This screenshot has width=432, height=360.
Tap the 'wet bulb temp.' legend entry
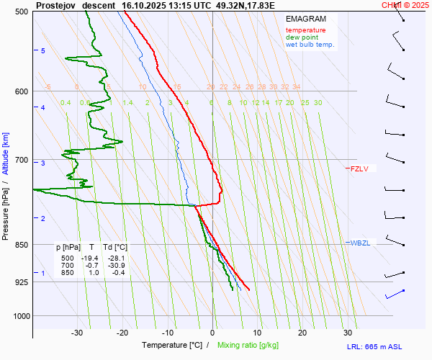pyautogui.click(x=310, y=45)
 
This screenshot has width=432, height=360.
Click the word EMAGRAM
pyautogui.click(x=305, y=19)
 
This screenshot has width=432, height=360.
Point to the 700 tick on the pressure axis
pyautogui.click(x=21, y=160)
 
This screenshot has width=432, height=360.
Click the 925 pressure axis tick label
pyautogui.click(x=21, y=282)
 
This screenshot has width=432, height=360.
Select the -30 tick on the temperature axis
pyautogui.click(x=77, y=333)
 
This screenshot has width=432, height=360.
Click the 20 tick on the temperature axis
pyautogui.click(x=302, y=333)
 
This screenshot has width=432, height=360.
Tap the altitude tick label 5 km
pyautogui.click(x=43, y=50)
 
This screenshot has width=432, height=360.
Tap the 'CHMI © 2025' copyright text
pyautogui.click(x=405, y=4)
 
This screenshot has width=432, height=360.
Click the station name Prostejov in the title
pyautogui.click(x=55, y=4)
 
